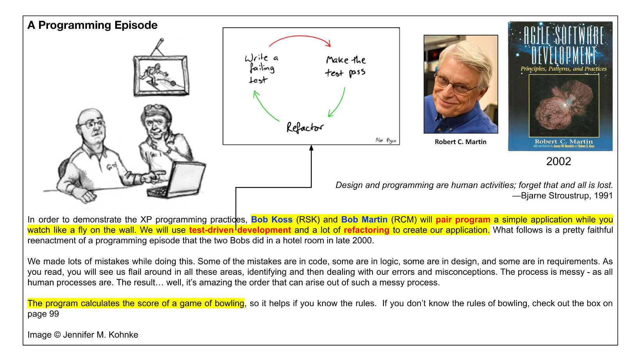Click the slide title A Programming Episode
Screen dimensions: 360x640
[x=93, y=25]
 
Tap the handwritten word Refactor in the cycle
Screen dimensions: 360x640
[x=305, y=128]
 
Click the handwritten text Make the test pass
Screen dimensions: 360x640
[x=346, y=66]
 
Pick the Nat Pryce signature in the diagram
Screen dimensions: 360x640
[x=386, y=140]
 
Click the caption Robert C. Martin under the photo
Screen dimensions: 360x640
[x=460, y=142]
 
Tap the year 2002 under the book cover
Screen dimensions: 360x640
[x=558, y=161]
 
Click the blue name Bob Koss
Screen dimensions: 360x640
[x=271, y=220]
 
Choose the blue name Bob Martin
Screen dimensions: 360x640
[x=364, y=220]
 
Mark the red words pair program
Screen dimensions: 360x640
[x=463, y=220]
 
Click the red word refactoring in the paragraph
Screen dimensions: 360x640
[x=366, y=230]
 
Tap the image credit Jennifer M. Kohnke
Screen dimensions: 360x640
[x=100, y=335]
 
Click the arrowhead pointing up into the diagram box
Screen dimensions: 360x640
[x=311, y=148]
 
